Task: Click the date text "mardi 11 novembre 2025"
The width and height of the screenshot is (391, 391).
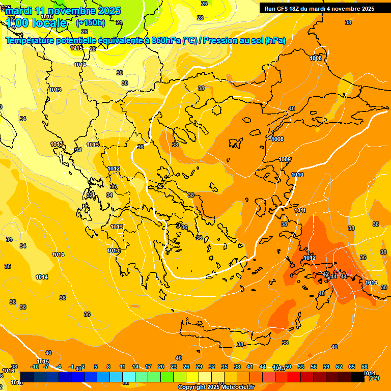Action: (x=63, y=11)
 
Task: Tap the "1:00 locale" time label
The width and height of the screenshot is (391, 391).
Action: (x=37, y=23)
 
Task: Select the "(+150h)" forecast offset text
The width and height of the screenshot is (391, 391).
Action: (x=91, y=22)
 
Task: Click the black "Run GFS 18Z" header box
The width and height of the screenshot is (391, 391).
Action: (x=319, y=9)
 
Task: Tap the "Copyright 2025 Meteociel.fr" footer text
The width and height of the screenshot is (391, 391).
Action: (x=216, y=387)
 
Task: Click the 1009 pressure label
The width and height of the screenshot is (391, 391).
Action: (x=285, y=159)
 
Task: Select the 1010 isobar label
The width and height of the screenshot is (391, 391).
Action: (x=297, y=175)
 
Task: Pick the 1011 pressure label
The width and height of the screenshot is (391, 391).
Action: (x=300, y=210)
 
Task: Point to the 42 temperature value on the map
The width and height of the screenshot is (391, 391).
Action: (x=326, y=274)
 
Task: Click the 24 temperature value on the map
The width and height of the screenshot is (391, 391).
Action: (x=119, y=22)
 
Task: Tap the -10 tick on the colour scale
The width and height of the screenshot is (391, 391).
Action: (x=35, y=367)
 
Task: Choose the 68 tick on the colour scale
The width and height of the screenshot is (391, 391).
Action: (x=365, y=367)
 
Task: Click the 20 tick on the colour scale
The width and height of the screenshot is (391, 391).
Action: (x=161, y=367)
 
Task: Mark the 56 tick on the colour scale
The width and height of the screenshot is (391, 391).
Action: (x=314, y=367)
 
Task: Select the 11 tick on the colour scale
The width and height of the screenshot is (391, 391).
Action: (x=122, y=367)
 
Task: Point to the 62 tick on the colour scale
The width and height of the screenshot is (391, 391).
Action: (x=339, y=367)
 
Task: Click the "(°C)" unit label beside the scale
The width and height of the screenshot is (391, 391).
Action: (x=374, y=378)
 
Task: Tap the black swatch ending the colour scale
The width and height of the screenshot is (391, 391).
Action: (x=357, y=377)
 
